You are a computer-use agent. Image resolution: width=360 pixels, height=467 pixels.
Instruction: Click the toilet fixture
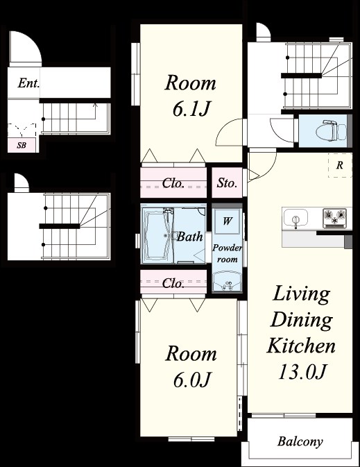coord(331,130)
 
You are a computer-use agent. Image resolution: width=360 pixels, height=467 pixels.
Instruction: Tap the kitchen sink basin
coord(295,217)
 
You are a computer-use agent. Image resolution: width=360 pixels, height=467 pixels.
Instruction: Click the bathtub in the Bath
coord(158,235)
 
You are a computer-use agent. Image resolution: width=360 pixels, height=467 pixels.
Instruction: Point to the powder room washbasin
coord(228,281)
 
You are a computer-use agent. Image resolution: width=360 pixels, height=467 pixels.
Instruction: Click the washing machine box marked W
coord(228,221)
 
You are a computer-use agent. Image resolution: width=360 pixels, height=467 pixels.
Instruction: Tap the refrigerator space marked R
coord(340,165)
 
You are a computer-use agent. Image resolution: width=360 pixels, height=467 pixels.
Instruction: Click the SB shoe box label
coord(22,145)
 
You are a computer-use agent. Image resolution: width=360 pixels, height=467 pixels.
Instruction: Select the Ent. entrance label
coord(28,83)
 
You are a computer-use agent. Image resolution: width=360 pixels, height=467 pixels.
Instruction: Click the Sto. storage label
coord(227,182)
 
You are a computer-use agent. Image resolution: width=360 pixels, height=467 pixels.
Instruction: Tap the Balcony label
coord(300,441)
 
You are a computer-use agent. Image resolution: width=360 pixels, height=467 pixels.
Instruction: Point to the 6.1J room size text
coord(191,109)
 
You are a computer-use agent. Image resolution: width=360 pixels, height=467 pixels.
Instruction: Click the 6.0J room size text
coord(192,380)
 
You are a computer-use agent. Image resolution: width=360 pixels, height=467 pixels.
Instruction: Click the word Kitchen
coord(301,346)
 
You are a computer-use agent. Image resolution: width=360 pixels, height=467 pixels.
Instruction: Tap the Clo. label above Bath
coord(173,183)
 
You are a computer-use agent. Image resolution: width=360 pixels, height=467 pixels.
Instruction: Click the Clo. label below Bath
coord(173,283)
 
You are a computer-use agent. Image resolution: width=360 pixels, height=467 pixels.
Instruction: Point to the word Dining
coord(302,320)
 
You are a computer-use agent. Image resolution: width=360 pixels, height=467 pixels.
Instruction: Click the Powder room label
coord(228,253)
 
